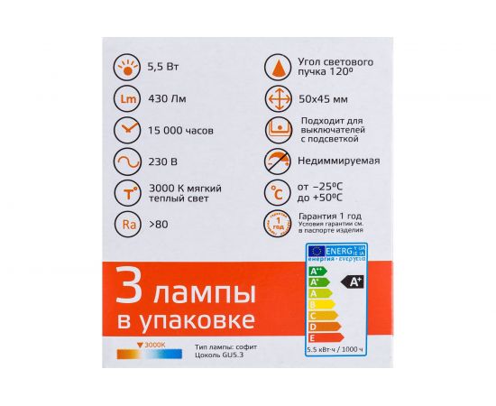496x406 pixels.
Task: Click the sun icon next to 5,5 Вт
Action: coord(128,67)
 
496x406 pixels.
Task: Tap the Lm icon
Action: coord(128,98)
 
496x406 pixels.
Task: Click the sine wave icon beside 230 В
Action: coord(128,162)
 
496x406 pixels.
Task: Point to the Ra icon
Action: coord(128,223)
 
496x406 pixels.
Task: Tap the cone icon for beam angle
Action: coord(276,67)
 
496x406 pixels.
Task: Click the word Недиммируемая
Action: coord(338,162)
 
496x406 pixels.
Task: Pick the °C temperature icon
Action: coord(276,192)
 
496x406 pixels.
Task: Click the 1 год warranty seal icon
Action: coord(276,224)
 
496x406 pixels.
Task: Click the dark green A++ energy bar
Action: coord(317,270)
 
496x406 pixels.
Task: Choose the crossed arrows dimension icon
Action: coord(276,98)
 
